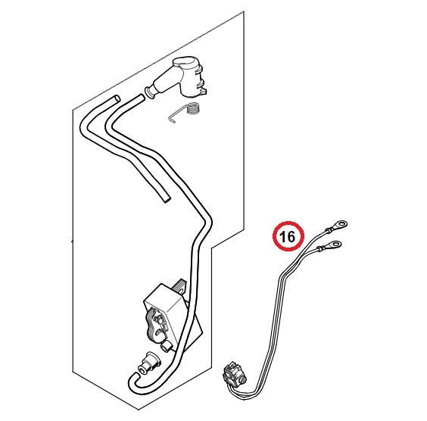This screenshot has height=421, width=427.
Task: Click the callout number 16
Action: pos(287,236)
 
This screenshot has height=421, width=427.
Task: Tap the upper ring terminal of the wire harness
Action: pos(340,225)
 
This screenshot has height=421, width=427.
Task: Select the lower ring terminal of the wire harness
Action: pos(333,244)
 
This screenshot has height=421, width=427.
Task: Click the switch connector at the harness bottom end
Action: pos(235,373)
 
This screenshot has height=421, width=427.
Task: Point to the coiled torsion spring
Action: pos(194,109)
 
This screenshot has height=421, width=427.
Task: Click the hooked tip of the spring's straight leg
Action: pos(170,120)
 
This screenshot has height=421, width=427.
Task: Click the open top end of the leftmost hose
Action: pos(117,98)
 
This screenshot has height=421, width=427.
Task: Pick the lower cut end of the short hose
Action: pos(166,200)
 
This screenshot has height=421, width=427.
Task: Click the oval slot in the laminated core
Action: pos(159,332)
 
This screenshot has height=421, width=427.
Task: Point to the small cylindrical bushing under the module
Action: pos(167,348)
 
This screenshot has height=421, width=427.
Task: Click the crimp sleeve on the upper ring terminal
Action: pos(329,230)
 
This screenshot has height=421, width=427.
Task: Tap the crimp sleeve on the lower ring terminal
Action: pos(321,248)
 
